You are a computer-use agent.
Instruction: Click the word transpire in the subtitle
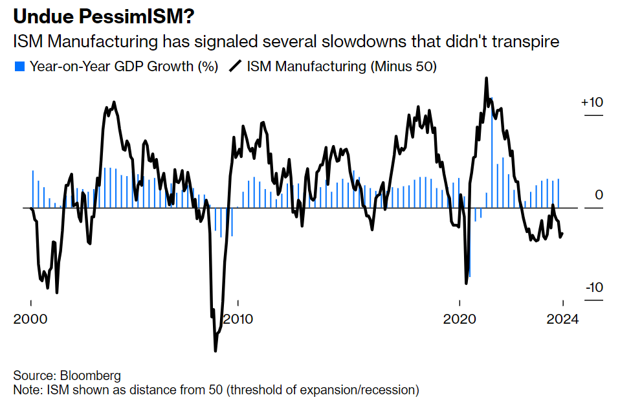526,42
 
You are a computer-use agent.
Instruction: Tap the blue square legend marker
18,66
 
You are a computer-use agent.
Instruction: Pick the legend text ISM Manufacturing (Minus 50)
340,66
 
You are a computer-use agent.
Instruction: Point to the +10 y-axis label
592,102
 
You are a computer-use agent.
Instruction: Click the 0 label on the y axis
599,195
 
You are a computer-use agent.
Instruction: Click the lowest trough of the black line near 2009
216,350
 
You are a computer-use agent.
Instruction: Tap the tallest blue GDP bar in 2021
491,100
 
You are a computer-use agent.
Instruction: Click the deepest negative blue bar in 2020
470,275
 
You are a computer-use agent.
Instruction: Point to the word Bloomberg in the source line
90,376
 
